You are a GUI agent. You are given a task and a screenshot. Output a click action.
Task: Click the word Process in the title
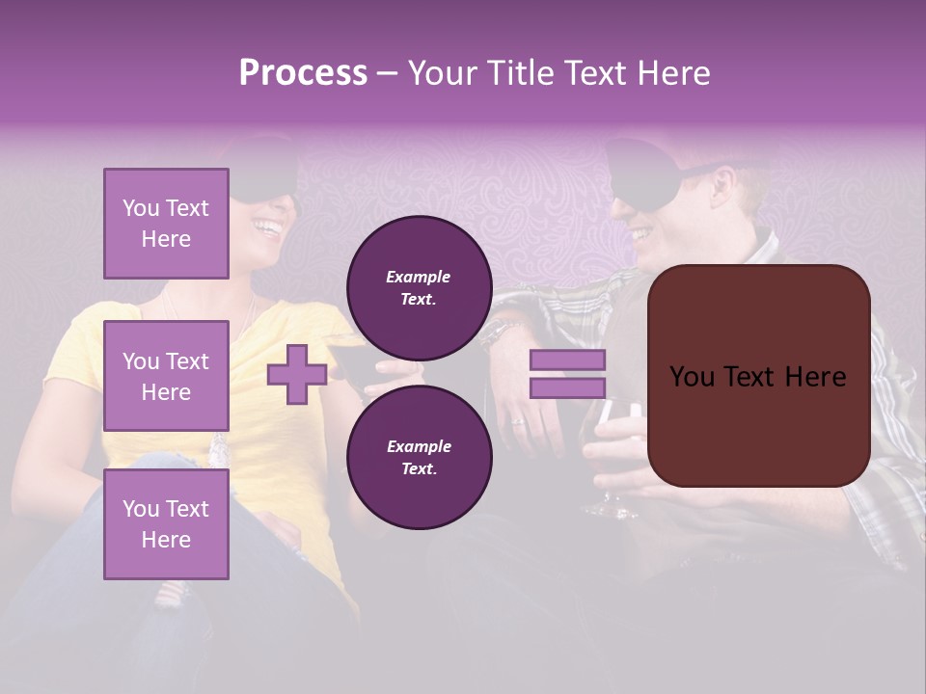(303, 73)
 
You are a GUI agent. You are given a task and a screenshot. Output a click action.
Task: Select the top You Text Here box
(166, 224)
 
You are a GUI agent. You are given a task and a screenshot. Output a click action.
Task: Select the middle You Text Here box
(166, 376)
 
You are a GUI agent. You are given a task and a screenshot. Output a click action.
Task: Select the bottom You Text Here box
(166, 523)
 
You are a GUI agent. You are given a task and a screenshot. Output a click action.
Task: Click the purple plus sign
(297, 375)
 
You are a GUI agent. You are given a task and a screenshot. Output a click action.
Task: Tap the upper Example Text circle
(419, 288)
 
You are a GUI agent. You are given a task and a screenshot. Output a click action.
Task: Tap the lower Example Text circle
(419, 457)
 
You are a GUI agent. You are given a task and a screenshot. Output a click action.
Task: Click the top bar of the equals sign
(567, 360)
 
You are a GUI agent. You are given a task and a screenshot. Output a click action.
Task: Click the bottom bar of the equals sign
(567, 388)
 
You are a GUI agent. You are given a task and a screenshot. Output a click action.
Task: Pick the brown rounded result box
(758, 376)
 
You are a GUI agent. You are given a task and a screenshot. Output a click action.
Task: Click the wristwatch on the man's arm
(493, 333)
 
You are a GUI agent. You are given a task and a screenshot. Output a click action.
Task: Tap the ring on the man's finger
(517, 421)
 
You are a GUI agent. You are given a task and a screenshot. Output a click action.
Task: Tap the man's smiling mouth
(640, 234)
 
